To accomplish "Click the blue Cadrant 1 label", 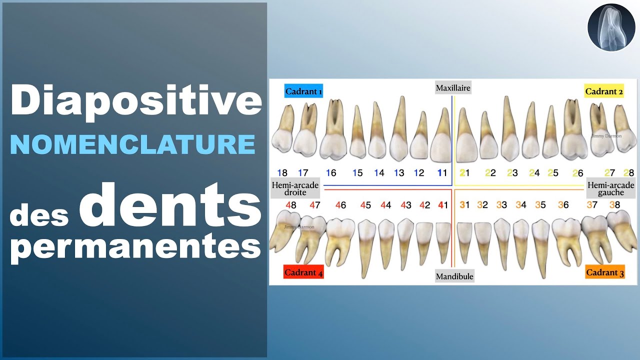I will [303, 91].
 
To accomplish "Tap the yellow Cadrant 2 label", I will [604, 91].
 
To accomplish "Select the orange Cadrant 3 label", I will [605, 272].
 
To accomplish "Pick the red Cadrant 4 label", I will [303, 272].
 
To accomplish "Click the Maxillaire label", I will [453, 88].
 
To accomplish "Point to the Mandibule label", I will [454, 276].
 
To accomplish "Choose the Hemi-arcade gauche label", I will [610, 188].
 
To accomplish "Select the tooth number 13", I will [398, 173].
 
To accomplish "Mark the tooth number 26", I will [577, 173].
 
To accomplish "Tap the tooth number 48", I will [291, 205].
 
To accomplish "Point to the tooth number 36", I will [563, 205].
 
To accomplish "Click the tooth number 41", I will [442, 205].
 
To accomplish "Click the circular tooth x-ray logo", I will [610, 27].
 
